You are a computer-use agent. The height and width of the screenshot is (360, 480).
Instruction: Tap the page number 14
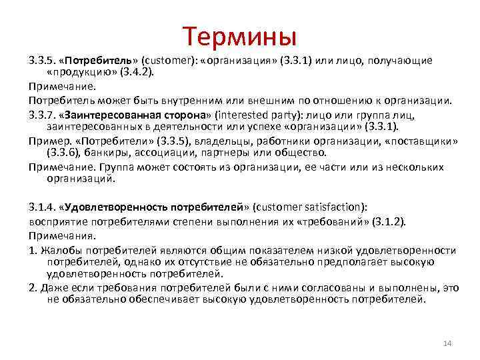click(x=447, y=343)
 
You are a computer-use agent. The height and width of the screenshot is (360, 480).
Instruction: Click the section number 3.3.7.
click(x=42, y=113)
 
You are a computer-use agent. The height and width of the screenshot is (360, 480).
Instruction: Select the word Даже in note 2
click(x=53, y=287)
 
